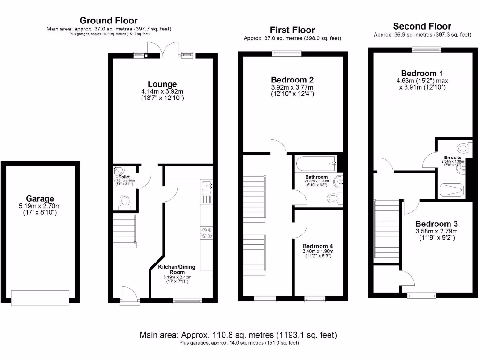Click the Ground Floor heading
coord(108,21)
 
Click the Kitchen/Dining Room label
coord(177,270)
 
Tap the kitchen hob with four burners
coord(206,233)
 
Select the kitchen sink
coord(207,187)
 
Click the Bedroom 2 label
coord(289,80)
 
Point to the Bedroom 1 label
coord(422,74)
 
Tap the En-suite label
coord(453,157)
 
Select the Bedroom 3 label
coord(436,224)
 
